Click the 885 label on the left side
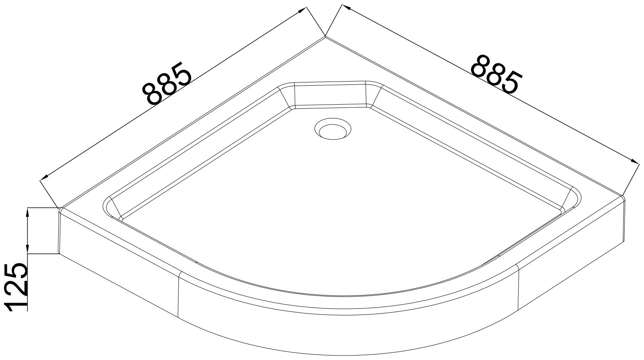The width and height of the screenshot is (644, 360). coord(168,83)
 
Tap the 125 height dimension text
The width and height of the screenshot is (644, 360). coord(17,287)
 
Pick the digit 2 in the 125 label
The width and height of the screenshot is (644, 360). coord(17,288)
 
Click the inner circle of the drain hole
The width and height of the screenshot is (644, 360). coord(333,132)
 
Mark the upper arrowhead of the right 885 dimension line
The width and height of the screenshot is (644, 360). coord(346,7)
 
